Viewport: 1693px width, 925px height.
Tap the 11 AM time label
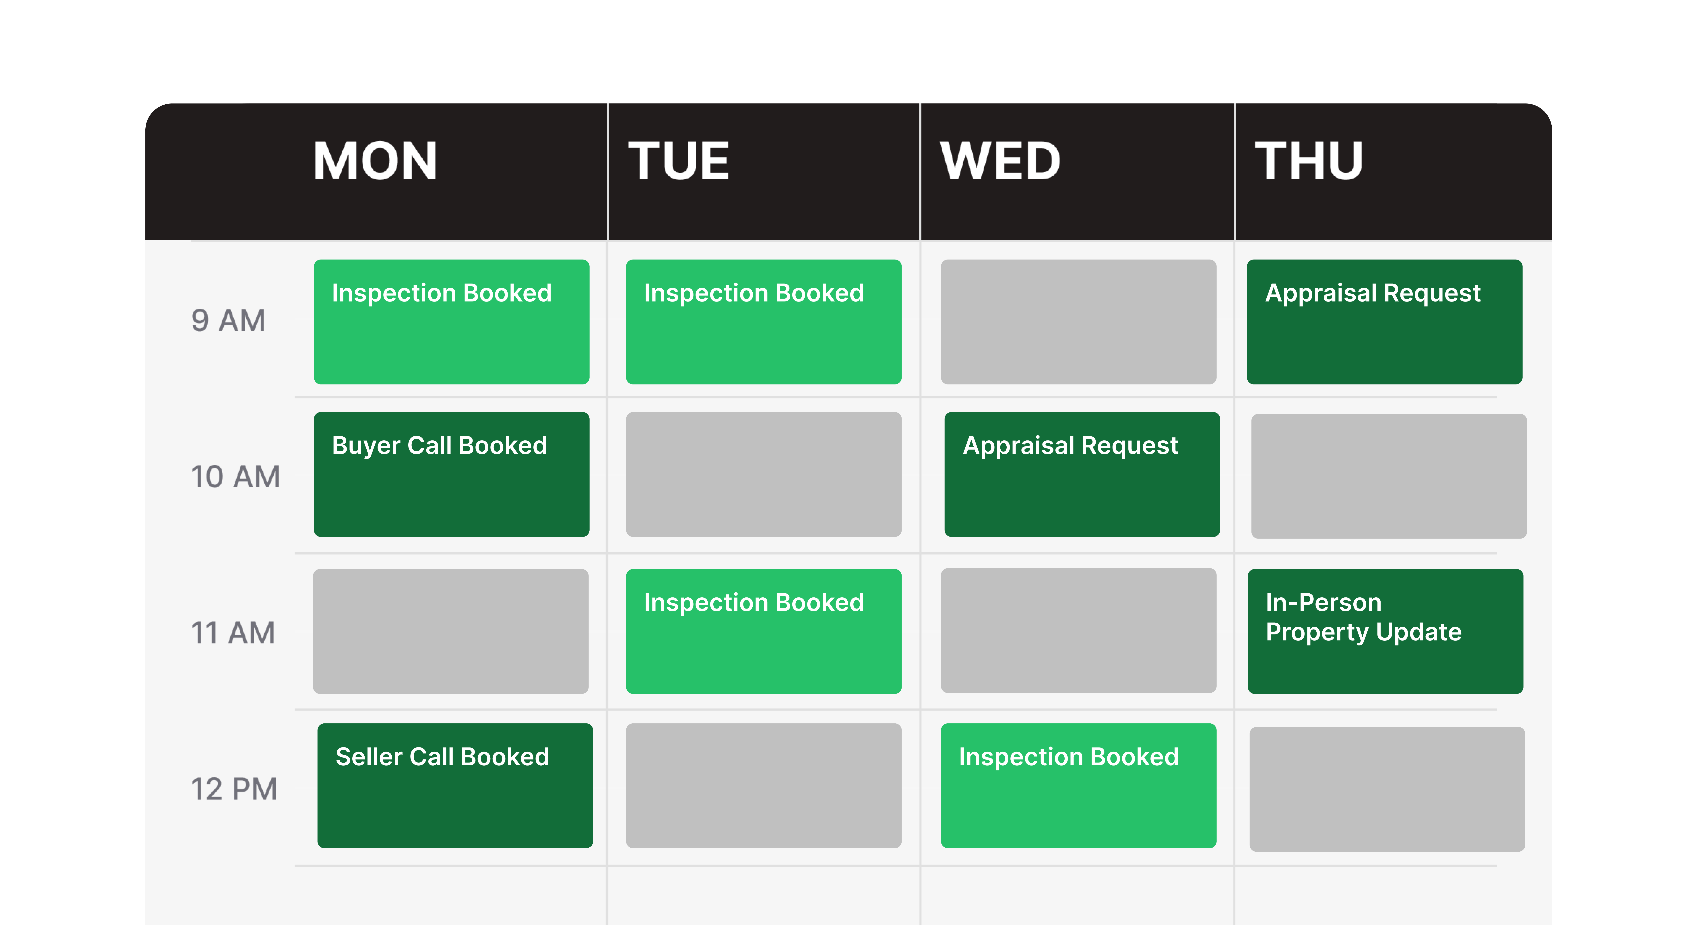(232, 632)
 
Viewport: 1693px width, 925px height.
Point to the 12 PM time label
(233, 788)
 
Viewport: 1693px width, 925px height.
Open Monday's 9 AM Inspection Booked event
(452, 322)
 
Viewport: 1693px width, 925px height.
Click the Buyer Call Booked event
(452, 474)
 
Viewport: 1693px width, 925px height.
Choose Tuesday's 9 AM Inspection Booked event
(764, 322)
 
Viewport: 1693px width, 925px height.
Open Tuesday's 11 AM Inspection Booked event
(764, 631)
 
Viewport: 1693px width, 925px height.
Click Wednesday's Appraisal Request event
(1082, 474)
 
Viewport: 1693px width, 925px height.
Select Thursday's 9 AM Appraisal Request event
(1384, 322)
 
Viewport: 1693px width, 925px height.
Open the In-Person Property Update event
(1385, 631)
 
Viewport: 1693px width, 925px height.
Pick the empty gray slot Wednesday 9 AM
(1078, 322)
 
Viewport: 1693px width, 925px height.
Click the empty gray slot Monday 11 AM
(451, 631)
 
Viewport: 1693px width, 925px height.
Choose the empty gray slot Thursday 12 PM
(1387, 789)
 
